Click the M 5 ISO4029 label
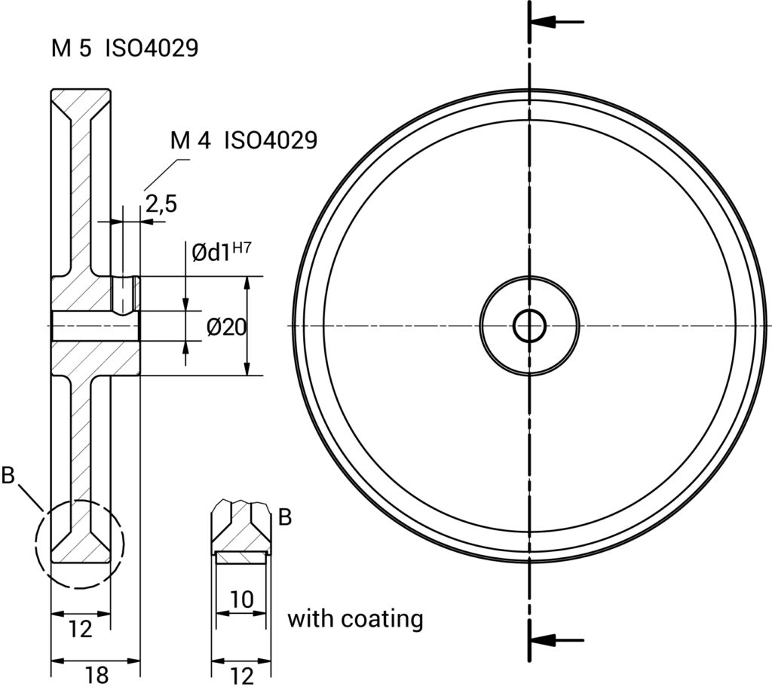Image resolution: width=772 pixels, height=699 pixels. pos(124,49)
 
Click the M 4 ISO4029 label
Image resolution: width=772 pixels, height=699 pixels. pos(243,140)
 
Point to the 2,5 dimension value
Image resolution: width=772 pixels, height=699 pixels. pos(161,204)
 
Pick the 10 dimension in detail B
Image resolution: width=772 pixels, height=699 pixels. pos(241,600)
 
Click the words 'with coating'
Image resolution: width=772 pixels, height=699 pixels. pos(355,619)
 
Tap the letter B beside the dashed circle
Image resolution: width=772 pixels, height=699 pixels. pos(9,476)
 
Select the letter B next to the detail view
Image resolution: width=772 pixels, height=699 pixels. pos(284,517)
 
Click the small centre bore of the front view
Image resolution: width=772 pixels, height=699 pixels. pos(529,326)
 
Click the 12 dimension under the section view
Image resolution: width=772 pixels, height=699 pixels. pos(80,628)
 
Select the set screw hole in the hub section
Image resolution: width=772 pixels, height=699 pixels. pos(125,294)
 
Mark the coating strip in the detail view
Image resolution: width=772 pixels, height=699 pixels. pos(240,556)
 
